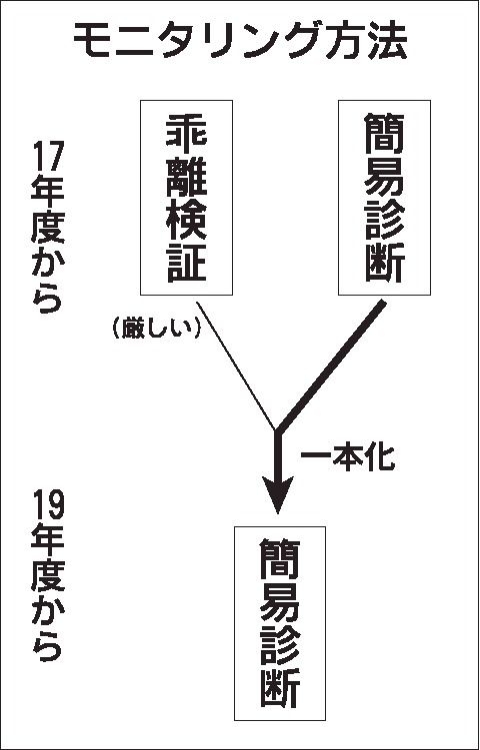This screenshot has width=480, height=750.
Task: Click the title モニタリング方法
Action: (x=240, y=41)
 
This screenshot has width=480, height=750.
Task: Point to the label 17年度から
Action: (x=47, y=228)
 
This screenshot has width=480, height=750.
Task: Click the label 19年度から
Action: (x=47, y=575)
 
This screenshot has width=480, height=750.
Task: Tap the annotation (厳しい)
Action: (x=156, y=330)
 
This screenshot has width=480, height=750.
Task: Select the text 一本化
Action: (x=347, y=459)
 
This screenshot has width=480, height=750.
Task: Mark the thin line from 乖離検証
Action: (x=236, y=366)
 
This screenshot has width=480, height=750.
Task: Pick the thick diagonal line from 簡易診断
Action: (x=331, y=366)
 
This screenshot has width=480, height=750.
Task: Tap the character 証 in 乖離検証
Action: (x=186, y=263)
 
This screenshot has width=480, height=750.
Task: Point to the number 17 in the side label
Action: (x=47, y=156)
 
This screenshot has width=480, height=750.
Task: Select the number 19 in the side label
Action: (x=47, y=503)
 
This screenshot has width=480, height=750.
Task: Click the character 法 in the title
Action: (x=388, y=41)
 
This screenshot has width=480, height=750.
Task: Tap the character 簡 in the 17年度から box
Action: (x=384, y=133)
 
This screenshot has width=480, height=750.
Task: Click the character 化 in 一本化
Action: (x=381, y=459)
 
